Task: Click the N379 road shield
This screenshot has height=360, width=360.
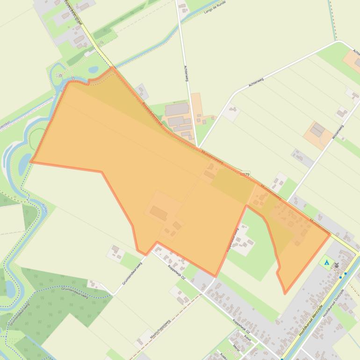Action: click(244, 174)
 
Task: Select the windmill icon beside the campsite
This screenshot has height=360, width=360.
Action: click(336, 265)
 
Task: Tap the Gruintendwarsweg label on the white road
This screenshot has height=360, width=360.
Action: click(132, 270)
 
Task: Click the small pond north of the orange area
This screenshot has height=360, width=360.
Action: click(93, 70)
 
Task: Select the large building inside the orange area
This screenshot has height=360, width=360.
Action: click(158, 214)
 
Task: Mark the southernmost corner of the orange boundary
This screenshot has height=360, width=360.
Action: click(285, 294)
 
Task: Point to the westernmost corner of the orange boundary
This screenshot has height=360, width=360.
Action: click(31, 162)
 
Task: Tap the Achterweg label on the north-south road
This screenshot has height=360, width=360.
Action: click(186, 74)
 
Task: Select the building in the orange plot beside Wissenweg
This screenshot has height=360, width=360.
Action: click(318, 130)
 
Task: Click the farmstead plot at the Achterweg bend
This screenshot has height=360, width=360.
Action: click(231, 112)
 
